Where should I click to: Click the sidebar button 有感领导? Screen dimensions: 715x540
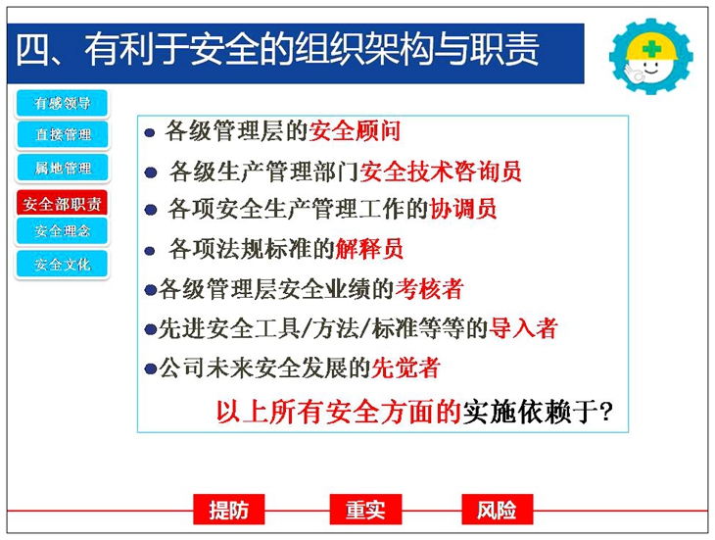point(62,103)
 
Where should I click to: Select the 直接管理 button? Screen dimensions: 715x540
point(63,134)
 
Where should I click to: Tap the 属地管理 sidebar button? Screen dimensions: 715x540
point(63,168)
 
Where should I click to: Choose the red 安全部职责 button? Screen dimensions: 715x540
point(62,204)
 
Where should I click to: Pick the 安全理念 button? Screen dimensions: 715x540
point(62,230)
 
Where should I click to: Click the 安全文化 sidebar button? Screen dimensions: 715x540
point(63,264)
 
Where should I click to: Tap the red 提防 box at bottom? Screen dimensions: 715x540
point(229,510)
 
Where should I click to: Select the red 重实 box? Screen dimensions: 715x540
point(365,510)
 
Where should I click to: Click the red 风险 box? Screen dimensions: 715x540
point(497,510)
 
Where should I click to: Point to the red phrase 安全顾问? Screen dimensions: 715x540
point(355,131)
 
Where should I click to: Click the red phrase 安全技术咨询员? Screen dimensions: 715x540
point(441,172)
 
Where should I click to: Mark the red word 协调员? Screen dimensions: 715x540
point(462,210)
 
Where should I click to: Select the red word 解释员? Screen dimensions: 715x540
point(369,249)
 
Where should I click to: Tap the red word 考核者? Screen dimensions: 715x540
point(430,289)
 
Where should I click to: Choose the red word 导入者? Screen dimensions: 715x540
point(523,328)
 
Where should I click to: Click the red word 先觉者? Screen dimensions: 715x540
point(405,368)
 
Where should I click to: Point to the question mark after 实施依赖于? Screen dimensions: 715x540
point(606,412)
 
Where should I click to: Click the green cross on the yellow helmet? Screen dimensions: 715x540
point(652,48)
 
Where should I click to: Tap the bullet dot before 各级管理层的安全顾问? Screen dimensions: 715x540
point(150,132)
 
